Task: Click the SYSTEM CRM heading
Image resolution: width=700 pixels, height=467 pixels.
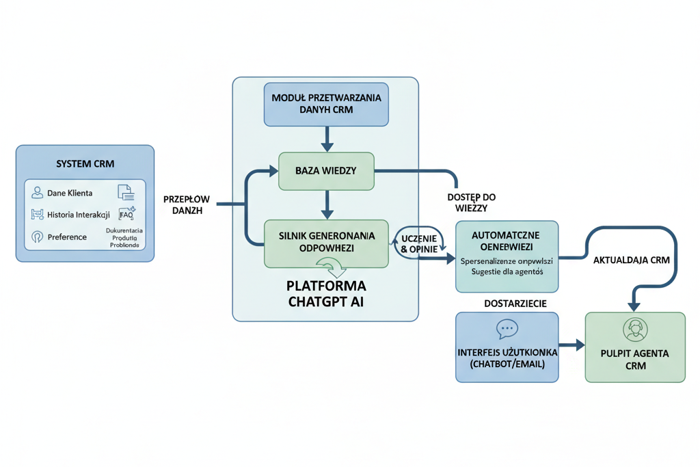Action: point(85,164)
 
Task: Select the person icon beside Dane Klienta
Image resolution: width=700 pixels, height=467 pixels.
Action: point(37,193)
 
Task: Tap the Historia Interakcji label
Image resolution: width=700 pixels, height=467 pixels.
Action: point(78,215)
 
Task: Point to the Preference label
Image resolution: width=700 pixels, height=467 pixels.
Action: point(67,237)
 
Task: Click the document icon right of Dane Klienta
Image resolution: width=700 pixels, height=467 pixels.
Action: point(126,192)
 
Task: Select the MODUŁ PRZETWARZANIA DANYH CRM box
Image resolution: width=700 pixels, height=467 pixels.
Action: point(326,104)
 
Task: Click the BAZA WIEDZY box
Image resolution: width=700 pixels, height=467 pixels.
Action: point(326,170)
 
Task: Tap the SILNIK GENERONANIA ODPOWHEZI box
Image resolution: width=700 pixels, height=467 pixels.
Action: point(326,242)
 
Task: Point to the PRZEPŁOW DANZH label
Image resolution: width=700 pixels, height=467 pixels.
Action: point(186,205)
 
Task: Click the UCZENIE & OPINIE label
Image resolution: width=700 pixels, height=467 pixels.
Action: point(420,245)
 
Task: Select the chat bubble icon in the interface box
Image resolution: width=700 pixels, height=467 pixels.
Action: point(507,330)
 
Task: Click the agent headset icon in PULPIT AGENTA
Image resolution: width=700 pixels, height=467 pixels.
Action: point(635,330)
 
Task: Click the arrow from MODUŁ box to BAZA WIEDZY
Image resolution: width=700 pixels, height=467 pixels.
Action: point(326,139)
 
